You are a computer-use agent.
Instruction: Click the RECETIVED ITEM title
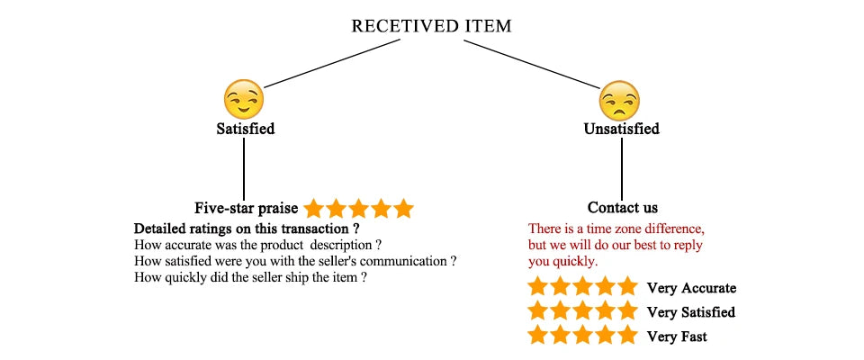point(431,26)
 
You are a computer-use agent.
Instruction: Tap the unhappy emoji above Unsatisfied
point(619,101)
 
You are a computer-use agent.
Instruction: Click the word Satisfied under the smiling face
point(245,129)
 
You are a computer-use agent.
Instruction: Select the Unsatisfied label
point(621,129)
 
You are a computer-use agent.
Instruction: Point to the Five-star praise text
point(247,208)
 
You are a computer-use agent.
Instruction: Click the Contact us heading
point(622,208)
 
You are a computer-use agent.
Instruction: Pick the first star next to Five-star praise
point(313,209)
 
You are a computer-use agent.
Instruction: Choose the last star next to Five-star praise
point(403,209)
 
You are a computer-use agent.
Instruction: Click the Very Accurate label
point(691,288)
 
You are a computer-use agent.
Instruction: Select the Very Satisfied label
point(690,312)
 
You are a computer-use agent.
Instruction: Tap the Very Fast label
point(676,337)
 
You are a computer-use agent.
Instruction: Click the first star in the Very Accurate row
point(538,288)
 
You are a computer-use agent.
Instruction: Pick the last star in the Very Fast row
point(627,337)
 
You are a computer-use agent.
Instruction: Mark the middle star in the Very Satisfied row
point(582,312)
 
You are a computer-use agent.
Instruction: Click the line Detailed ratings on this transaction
point(247,228)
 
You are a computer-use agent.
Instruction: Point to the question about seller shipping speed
point(249,278)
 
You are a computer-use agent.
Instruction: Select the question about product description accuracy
point(257,245)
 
